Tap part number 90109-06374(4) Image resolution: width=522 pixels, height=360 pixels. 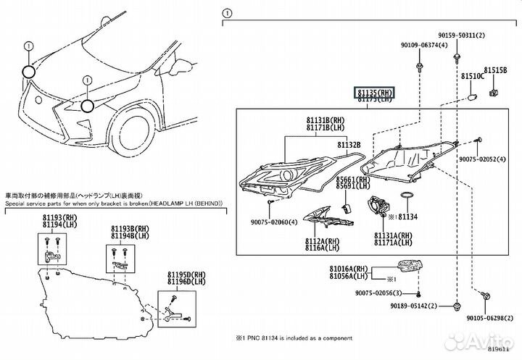pyautogui.click(x=421, y=45)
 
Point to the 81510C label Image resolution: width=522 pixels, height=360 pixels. pyautogui.click(x=471, y=75)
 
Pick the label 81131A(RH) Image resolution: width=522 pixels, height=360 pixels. pyautogui.click(x=393, y=236)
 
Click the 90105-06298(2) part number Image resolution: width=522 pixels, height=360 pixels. pyautogui.click(x=482, y=317)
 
